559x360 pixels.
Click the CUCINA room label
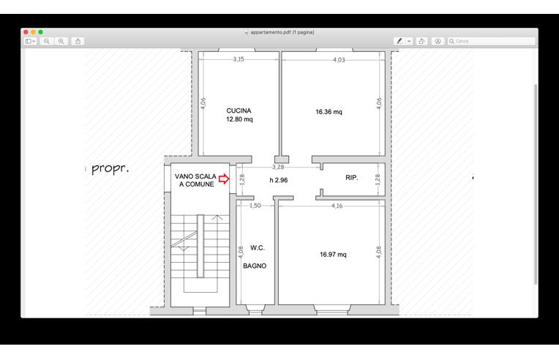(x=239, y=110)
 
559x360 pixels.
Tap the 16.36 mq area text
(x=329, y=112)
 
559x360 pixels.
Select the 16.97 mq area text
(x=333, y=255)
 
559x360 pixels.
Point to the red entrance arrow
(x=224, y=179)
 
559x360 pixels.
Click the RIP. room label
(x=351, y=178)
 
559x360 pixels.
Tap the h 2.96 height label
(x=279, y=180)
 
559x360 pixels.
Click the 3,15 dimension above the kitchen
(x=239, y=59)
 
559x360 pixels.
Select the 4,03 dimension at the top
(x=339, y=60)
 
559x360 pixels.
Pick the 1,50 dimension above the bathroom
(x=255, y=206)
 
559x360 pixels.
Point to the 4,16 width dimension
(x=337, y=206)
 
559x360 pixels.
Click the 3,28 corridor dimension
(x=278, y=167)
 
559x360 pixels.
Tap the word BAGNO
(x=255, y=266)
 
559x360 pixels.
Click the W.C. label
(x=258, y=248)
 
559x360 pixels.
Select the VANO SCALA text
(x=195, y=176)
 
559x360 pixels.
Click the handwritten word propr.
(x=110, y=168)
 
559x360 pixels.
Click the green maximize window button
(x=41, y=32)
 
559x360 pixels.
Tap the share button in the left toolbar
(x=78, y=42)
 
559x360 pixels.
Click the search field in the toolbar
(x=491, y=42)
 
